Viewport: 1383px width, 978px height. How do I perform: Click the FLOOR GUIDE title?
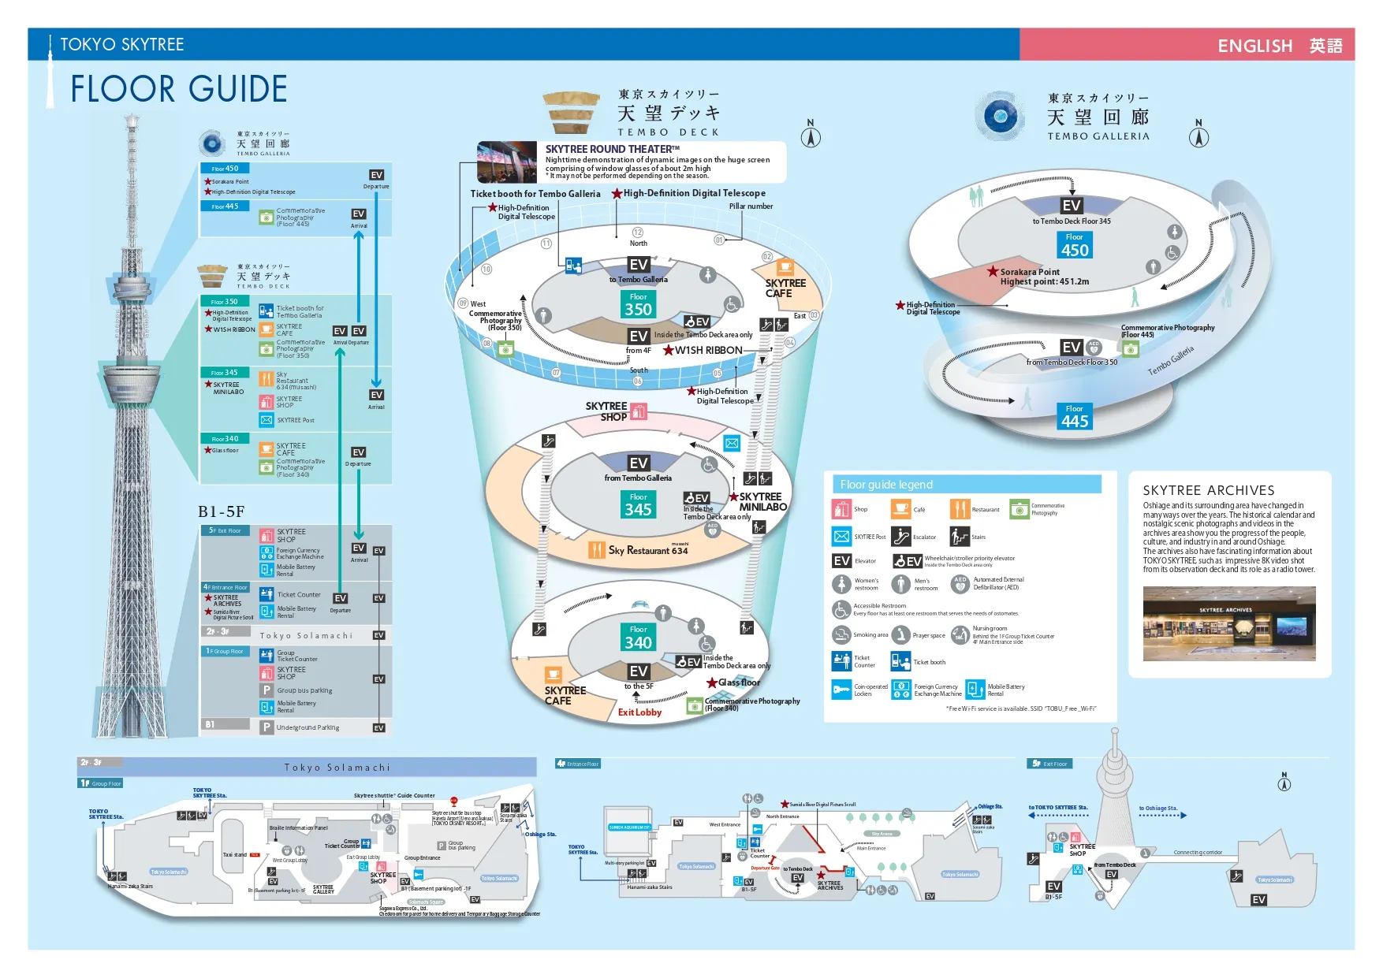179,89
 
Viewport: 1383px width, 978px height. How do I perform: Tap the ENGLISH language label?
1254,46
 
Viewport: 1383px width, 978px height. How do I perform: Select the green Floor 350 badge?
639,305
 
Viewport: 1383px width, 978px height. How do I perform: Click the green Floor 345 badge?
639,505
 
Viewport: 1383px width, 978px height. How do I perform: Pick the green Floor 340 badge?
639,638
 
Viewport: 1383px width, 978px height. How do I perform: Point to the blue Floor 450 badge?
1075,246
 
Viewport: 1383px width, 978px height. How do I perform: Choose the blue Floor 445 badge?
1075,417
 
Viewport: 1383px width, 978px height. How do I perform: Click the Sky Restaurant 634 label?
648,550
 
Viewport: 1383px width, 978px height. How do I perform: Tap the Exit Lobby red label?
639,712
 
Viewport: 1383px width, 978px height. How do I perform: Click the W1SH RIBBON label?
708,351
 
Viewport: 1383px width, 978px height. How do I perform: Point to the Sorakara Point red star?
993,271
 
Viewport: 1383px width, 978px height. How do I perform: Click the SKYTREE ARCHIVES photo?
1229,623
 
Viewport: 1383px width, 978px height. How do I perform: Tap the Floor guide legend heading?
886,485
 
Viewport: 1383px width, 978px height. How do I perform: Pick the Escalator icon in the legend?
901,537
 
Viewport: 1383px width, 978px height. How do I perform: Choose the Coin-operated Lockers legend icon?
841,690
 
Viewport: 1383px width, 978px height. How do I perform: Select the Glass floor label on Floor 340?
739,682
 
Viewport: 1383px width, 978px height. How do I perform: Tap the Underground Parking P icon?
267,727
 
